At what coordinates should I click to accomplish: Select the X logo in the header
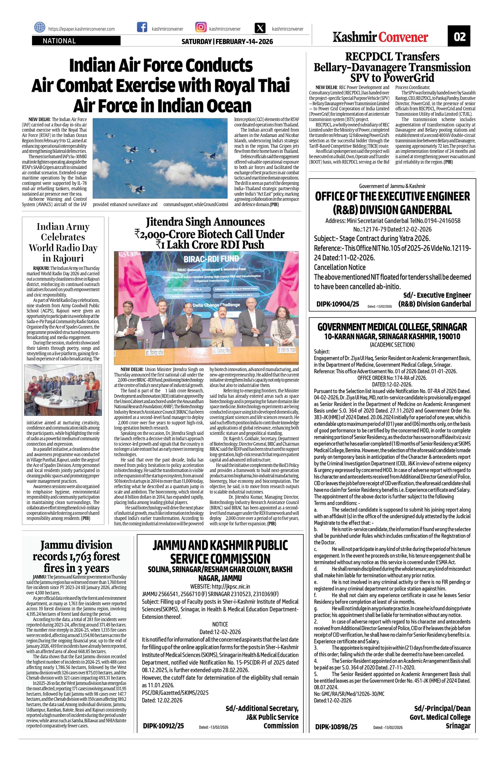pyautogui.click(x=260, y=28)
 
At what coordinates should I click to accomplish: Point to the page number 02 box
pyautogui.click(x=459, y=37)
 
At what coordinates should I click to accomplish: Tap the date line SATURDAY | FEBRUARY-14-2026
pyautogui.click(x=227, y=42)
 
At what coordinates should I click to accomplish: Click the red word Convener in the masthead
pyautogui.click(x=403, y=37)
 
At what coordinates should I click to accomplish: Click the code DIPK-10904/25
pyautogui.click(x=337, y=304)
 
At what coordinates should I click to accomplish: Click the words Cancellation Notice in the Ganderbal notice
pyautogui.click(x=340, y=267)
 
